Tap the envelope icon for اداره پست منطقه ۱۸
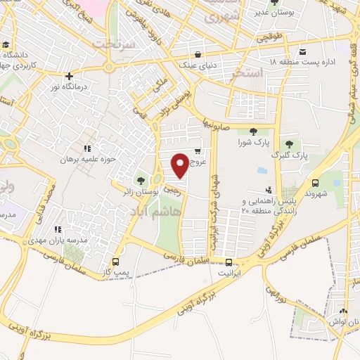point(302,53)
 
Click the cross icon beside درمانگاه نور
point(69,76)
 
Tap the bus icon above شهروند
point(314,181)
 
